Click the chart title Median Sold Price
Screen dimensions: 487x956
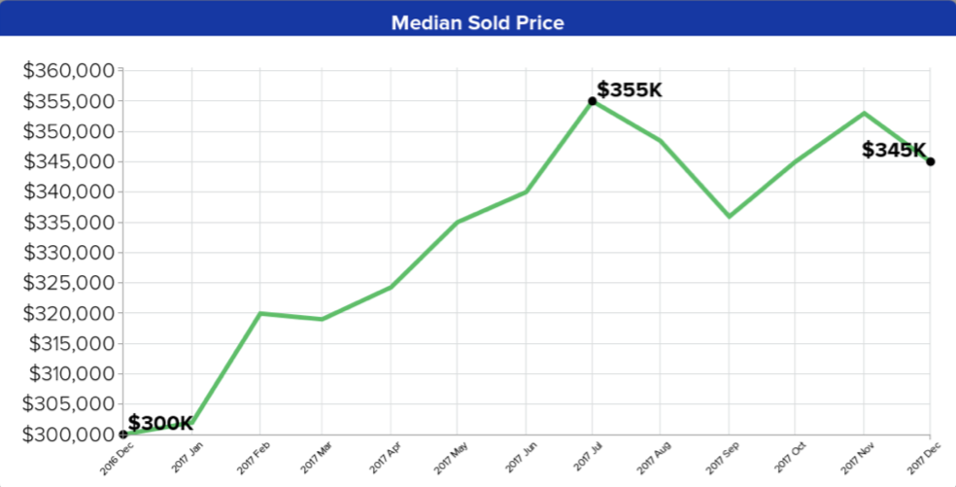477,21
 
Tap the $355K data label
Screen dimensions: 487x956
630,90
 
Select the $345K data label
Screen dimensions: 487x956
894,151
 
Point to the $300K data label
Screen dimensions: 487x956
160,423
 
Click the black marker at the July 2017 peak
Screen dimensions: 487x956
592,101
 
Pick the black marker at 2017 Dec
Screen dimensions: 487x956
930,161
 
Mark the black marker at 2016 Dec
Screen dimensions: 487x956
123,435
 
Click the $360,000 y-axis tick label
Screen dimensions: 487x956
68,71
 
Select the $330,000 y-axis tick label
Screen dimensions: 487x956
68,253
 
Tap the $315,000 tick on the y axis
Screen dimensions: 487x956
68,344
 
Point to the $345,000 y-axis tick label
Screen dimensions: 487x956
68,161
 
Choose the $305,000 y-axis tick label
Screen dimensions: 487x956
68,404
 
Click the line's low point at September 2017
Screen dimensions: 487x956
729,216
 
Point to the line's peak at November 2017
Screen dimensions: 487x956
864,113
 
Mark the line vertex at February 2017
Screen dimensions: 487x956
259,313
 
